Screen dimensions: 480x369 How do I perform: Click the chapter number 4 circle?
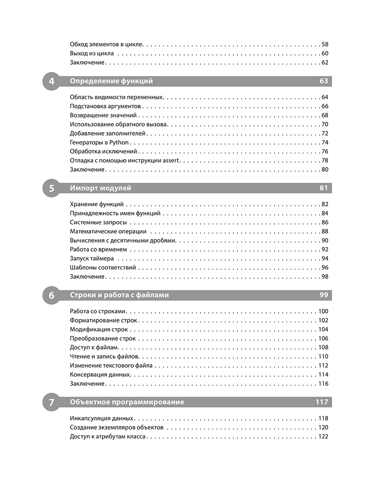(x=51, y=81)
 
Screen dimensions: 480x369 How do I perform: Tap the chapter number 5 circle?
(x=51, y=188)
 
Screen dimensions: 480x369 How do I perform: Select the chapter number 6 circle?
(x=51, y=295)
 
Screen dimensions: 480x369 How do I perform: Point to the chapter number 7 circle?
(x=51, y=402)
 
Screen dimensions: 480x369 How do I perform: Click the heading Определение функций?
(x=111, y=81)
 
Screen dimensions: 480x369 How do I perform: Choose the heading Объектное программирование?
(x=127, y=402)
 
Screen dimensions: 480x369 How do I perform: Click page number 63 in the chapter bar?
(x=323, y=81)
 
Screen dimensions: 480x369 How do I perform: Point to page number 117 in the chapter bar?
(x=321, y=402)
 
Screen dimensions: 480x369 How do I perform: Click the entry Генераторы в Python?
(x=99, y=143)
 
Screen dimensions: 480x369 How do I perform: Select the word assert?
(x=171, y=161)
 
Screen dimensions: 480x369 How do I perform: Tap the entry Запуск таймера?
(x=92, y=258)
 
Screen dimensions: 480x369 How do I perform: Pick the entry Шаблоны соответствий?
(x=103, y=268)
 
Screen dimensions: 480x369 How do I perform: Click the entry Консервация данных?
(x=101, y=375)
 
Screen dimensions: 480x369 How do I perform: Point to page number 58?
(x=324, y=44)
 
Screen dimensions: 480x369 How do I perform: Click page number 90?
(x=324, y=240)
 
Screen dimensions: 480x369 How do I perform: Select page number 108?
(x=323, y=348)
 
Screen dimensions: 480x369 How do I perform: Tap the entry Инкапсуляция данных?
(x=101, y=419)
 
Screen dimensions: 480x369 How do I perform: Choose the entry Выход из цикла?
(x=92, y=54)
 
